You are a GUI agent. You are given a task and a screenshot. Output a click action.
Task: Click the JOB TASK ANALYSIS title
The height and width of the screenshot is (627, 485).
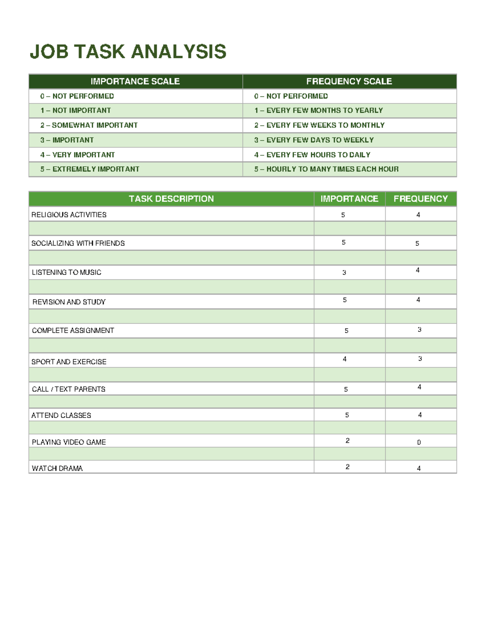click(128, 52)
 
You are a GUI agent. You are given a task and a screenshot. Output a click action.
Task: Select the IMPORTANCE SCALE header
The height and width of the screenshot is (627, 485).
click(135, 82)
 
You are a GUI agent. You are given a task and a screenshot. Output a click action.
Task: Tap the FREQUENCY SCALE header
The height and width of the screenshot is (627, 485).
click(349, 82)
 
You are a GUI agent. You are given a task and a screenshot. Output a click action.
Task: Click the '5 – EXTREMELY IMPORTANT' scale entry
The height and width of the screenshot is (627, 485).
click(90, 169)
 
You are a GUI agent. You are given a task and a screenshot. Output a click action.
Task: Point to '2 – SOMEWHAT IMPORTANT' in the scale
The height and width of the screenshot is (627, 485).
click(89, 125)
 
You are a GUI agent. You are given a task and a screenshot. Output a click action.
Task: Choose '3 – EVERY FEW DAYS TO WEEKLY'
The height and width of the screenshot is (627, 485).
click(314, 140)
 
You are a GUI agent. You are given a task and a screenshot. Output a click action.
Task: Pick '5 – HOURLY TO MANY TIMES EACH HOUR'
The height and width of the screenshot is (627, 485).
click(326, 169)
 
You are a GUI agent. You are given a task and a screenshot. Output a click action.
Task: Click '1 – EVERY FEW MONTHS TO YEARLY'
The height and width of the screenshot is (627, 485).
click(318, 111)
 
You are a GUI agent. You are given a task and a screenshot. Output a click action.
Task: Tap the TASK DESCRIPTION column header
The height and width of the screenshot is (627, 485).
click(171, 199)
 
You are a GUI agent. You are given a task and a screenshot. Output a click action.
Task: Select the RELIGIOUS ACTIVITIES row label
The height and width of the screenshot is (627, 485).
click(69, 215)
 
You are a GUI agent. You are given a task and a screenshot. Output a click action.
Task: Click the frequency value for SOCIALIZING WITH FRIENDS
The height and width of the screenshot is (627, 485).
click(417, 243)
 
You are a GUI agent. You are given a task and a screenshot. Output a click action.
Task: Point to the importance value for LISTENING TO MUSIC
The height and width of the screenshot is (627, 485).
click(344, 273)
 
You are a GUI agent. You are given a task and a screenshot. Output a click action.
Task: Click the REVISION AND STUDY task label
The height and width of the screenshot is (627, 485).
click(69, 302)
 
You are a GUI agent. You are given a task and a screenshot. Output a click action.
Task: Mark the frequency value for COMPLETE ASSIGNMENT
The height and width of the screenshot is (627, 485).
click(420, 330)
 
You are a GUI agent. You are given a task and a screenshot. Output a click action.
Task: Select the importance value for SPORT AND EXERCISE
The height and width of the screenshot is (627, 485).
click(344, 359)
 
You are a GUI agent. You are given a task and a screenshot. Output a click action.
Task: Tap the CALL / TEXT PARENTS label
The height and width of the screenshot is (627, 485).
click(69, 389)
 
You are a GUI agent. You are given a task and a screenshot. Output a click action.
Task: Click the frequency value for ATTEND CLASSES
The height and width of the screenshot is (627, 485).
click(420, 415)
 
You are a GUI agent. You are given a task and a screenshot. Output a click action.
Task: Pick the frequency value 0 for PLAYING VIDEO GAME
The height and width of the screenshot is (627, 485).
click(419, 442)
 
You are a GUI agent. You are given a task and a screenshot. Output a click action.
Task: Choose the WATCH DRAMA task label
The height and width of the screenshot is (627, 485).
click(57, 468)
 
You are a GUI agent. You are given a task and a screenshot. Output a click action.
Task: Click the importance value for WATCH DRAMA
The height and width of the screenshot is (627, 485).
click(347, 467)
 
